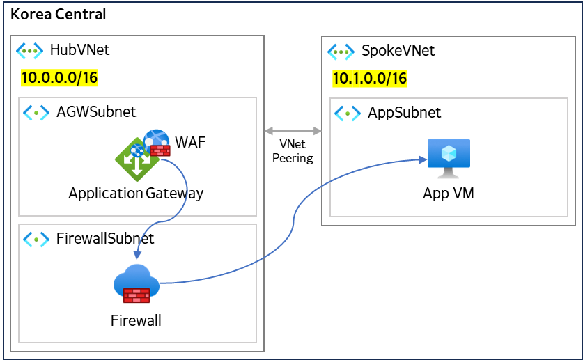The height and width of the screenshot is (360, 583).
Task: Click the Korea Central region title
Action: [59, 14]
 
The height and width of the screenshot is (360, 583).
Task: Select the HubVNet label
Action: [79, 50]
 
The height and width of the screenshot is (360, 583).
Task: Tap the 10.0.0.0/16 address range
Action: [59, 77]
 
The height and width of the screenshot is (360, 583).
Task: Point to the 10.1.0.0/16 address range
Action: [369, 78]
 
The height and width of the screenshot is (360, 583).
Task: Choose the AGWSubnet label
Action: [96, 111]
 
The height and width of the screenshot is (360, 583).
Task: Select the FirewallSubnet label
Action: [105, 239]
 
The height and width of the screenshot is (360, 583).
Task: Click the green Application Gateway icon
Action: [137, 159]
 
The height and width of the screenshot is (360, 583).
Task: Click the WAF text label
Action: [190, 143]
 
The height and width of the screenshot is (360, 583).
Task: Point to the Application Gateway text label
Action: [136, 193]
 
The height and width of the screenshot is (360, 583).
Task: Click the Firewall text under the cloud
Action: [136, 320]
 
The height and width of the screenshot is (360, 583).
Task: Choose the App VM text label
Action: [449, 193]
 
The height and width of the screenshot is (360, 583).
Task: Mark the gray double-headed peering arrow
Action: [293, 130]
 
